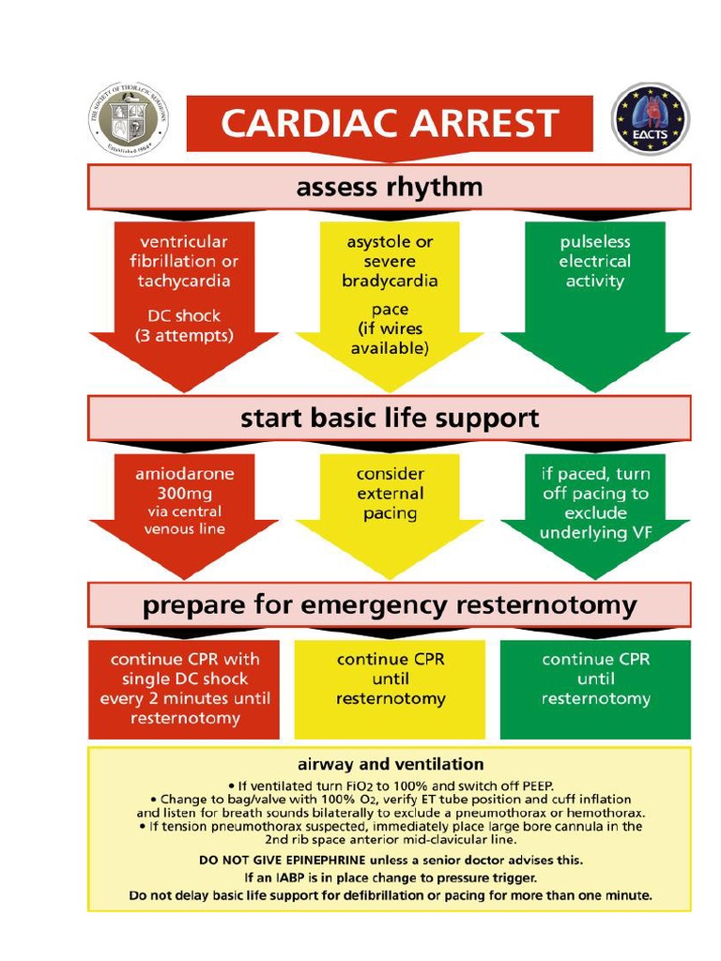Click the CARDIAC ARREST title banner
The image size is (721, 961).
tap(390, 123)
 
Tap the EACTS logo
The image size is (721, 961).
tap(651, 120)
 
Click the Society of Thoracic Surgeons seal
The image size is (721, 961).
tap(129, 119)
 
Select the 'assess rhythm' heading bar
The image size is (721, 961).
tap(390, 188)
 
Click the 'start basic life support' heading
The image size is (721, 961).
tap(390, 418)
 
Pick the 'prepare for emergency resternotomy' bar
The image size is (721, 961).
tap(390, 605)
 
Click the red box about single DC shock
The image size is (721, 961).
tap(184, 689)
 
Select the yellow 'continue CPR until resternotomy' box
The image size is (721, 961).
tap(390, 689)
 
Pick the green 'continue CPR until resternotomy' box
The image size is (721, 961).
tap(595, 689)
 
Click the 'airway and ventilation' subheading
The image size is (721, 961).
tap(390, 764)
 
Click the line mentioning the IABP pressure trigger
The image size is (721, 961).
tap(390, 877)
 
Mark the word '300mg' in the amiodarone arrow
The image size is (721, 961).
tap(184, 494)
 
